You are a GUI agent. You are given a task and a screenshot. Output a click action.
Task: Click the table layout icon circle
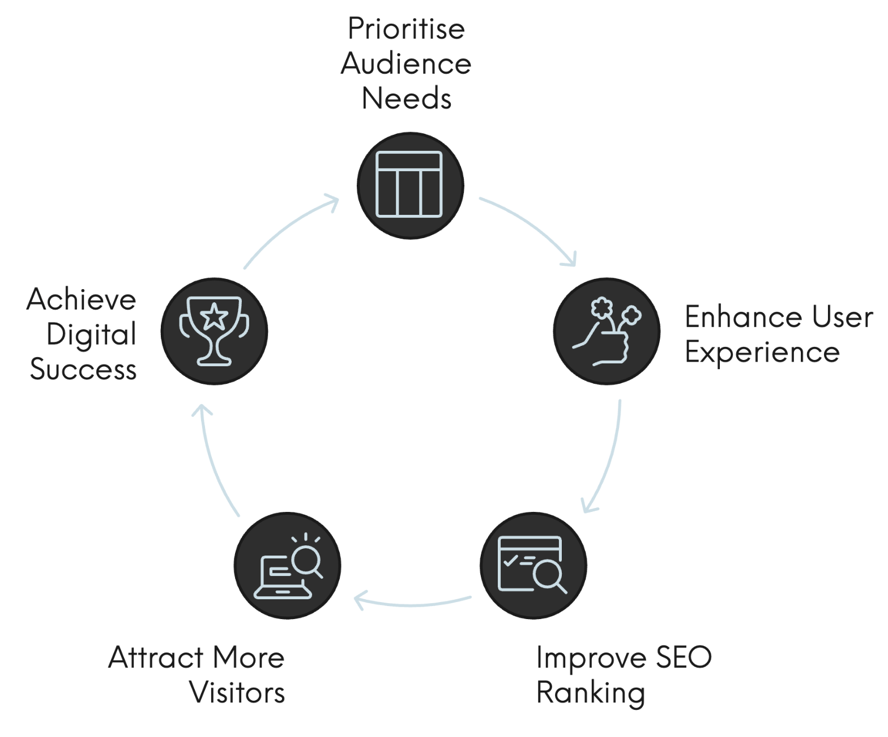point(410,185)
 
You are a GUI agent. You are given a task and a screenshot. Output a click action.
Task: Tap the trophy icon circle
point(214,331)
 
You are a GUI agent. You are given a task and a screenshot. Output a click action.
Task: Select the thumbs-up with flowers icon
point(607,331)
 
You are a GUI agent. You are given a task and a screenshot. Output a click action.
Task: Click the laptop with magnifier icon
point(287,565)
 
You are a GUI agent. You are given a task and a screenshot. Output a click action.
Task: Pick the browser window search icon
point(533,565)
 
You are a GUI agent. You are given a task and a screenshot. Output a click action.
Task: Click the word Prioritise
point(406,29)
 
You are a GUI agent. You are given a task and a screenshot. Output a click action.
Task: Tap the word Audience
point(406,63)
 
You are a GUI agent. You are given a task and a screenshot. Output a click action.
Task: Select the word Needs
point(406,99)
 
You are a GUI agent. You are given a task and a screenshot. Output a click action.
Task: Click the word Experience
point(762,353)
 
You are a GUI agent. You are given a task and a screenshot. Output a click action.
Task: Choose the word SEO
point(684,658)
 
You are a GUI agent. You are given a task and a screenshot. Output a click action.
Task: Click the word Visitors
point(237,693)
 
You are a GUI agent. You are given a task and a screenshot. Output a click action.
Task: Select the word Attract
point(156,658)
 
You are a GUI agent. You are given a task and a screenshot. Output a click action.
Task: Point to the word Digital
point(92,334)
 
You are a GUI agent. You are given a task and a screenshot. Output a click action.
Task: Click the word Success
point(83,370)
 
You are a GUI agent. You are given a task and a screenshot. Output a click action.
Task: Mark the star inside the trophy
point(214,316)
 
